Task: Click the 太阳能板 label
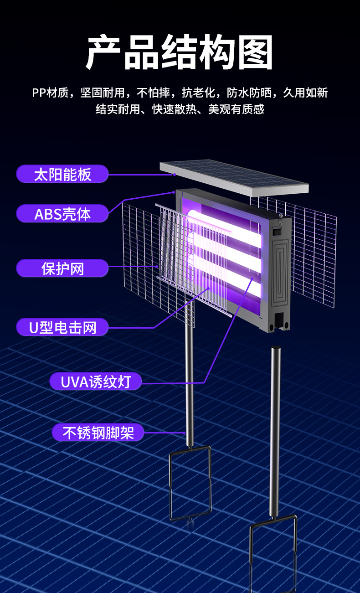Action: pos(62,174)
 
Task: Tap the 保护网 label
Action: pos(62,268)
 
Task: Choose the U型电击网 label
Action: pos(62,327)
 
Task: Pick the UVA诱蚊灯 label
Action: pos(95,382)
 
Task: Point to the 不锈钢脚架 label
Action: pos(98,433)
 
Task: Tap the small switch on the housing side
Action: pos(275,231)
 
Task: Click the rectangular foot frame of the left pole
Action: pos(190,483)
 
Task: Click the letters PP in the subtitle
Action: pos(38,93)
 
